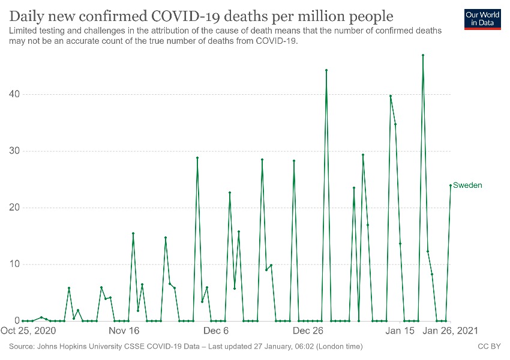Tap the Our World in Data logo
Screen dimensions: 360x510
(x=482, y=19)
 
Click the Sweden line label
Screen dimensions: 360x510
(x=467, y=185)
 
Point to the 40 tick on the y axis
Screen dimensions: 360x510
(x=13, y=94)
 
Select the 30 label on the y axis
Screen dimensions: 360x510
(x=13, y=151)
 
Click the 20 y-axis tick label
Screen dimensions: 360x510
(x=13, y=208)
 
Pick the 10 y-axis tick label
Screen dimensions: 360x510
(x=13, y=265)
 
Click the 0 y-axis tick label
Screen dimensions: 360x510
(x=16, y=321)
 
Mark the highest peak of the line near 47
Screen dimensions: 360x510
(x=423, y=55)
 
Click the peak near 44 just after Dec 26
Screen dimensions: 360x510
(x=326, y=70)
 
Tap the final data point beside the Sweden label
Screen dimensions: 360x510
(x=451, y=185)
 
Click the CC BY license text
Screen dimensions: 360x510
(x=488, y=347)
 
